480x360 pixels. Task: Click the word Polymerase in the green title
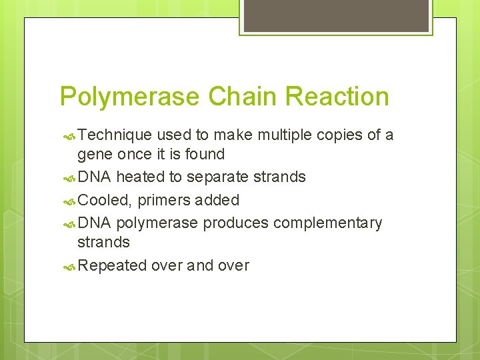pos(129,97)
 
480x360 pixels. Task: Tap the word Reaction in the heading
pos(337,97)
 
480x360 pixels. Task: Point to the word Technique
pos(115,135)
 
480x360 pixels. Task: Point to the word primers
pos(164,200)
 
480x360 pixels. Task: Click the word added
pos(217,200)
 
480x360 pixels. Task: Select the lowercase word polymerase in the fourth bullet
pos(157,223)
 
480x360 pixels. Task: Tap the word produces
pos(235,223)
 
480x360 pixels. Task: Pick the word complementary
pos(328,223)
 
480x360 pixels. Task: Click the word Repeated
pos(112,265)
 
